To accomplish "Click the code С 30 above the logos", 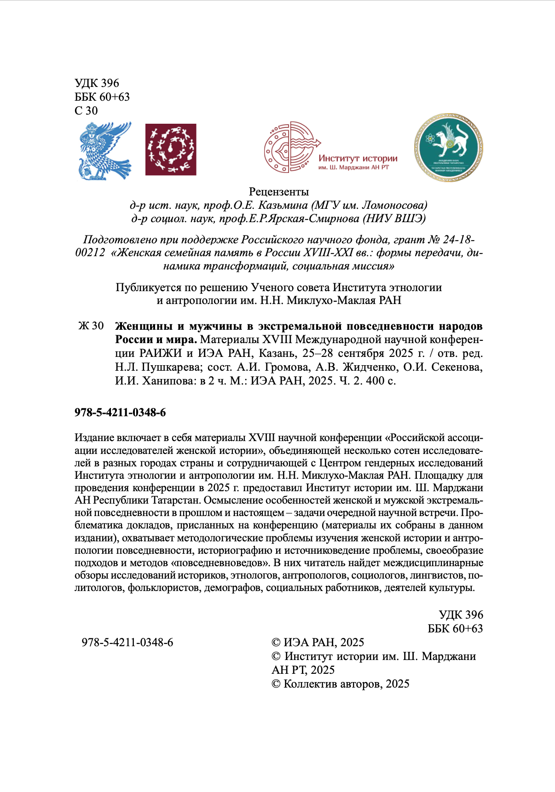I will point(86,110).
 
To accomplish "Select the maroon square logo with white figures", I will point(171,149).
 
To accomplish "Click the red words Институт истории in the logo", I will point(358,158).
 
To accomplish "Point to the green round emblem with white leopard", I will point(448,148).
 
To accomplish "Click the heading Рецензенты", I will point(278,192).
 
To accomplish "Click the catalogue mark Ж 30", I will point(91,326).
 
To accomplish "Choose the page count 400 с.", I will point(381,381).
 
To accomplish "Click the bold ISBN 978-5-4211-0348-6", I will point(120,413).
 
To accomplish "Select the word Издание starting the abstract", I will point(94,438).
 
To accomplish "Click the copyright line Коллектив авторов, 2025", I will point(346,684).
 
